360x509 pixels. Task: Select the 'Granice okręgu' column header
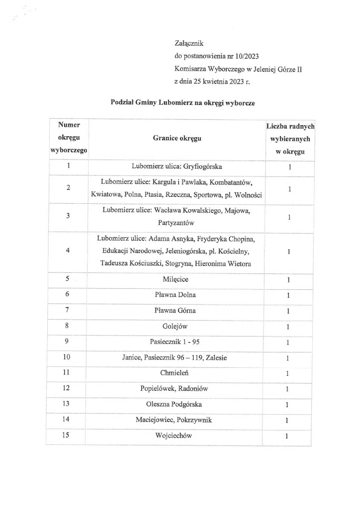tap(177, 139)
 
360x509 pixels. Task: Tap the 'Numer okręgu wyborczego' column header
tap(69, 139)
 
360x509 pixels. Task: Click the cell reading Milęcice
tap(178, 279)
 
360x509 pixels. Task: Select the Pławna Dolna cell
tap(178, 295)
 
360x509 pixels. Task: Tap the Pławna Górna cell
tap(178, 311)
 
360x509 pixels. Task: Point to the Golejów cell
tap(178, 327)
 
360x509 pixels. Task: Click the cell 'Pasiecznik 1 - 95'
tap(178, 342)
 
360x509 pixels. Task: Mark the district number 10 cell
tap(67, 358)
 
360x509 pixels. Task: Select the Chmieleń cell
tap(178, 373)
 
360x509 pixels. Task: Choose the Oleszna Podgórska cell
tap(178, 405)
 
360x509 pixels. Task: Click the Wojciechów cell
tap(178, 436)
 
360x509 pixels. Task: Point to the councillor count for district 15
tap(287, 436)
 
